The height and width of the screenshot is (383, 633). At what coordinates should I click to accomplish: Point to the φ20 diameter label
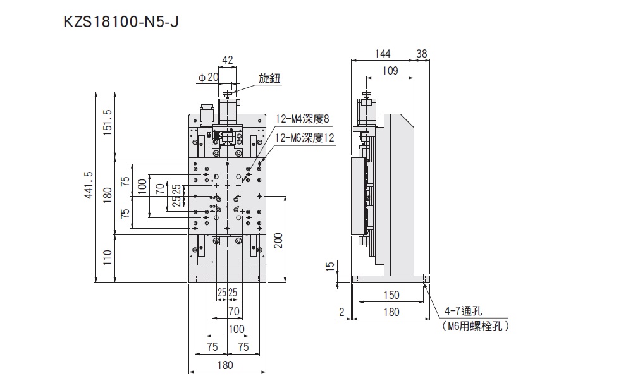[208, 77]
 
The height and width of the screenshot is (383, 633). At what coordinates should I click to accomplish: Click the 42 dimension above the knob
[228, 61]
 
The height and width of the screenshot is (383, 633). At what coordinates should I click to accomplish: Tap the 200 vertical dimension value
[278, 241]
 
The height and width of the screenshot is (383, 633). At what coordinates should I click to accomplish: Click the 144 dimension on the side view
[383, 54]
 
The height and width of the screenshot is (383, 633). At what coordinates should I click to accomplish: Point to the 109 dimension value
[390, 71]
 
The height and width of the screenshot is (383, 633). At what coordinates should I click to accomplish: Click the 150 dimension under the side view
[391, 295]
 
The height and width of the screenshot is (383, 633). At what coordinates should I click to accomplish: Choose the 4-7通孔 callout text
[464, 311]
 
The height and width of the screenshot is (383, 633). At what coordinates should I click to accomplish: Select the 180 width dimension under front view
[224, 365]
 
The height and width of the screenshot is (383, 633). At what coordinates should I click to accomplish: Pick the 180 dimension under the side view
[391, 311]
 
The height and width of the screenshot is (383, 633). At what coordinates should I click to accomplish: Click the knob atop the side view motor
[366, 95]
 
